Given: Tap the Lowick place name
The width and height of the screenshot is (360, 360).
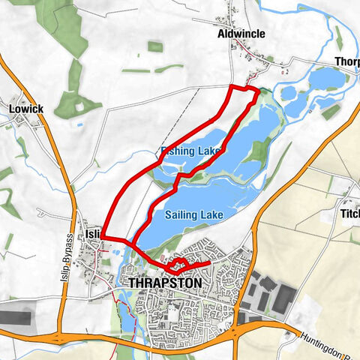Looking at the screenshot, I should coord(27,109).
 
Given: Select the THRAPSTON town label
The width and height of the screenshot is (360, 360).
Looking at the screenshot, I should coord(165,283).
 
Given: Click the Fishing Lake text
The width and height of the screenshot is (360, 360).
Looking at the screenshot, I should coord(191,151).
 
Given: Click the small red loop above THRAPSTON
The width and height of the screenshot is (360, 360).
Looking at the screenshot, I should coord(179,264).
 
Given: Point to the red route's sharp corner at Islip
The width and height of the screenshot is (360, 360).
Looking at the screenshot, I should coord(103,238).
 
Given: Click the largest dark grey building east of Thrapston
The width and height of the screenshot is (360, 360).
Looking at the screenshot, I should coord(283,298).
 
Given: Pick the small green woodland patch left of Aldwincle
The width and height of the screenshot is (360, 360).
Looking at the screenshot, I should coord(155,46).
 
